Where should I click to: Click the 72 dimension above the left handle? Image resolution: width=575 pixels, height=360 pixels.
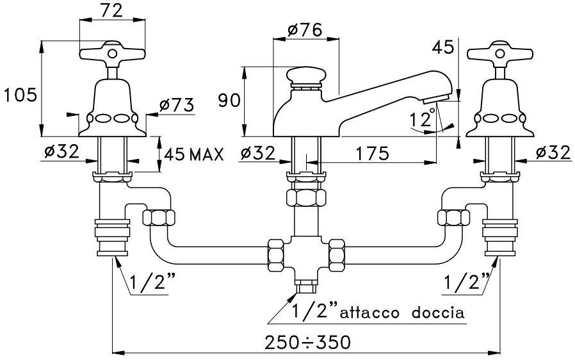[110, 10]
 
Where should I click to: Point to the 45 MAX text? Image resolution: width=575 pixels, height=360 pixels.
[193, 154]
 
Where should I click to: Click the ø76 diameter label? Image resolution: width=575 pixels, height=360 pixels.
[305, 29]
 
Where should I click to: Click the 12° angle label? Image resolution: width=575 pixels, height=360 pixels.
[423, 120]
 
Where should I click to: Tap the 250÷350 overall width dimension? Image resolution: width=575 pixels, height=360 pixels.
[308, 342]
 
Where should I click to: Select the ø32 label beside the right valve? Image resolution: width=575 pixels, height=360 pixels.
[553, 153]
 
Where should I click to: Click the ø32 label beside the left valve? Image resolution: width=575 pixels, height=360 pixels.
[61, 153]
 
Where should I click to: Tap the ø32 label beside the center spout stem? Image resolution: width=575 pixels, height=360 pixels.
[259, 153]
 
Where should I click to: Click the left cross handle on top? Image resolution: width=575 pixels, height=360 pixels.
[111, 53]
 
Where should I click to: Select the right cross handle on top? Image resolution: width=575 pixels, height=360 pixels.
[499, 53]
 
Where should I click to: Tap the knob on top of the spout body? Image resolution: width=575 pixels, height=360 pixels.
[305, 76]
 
